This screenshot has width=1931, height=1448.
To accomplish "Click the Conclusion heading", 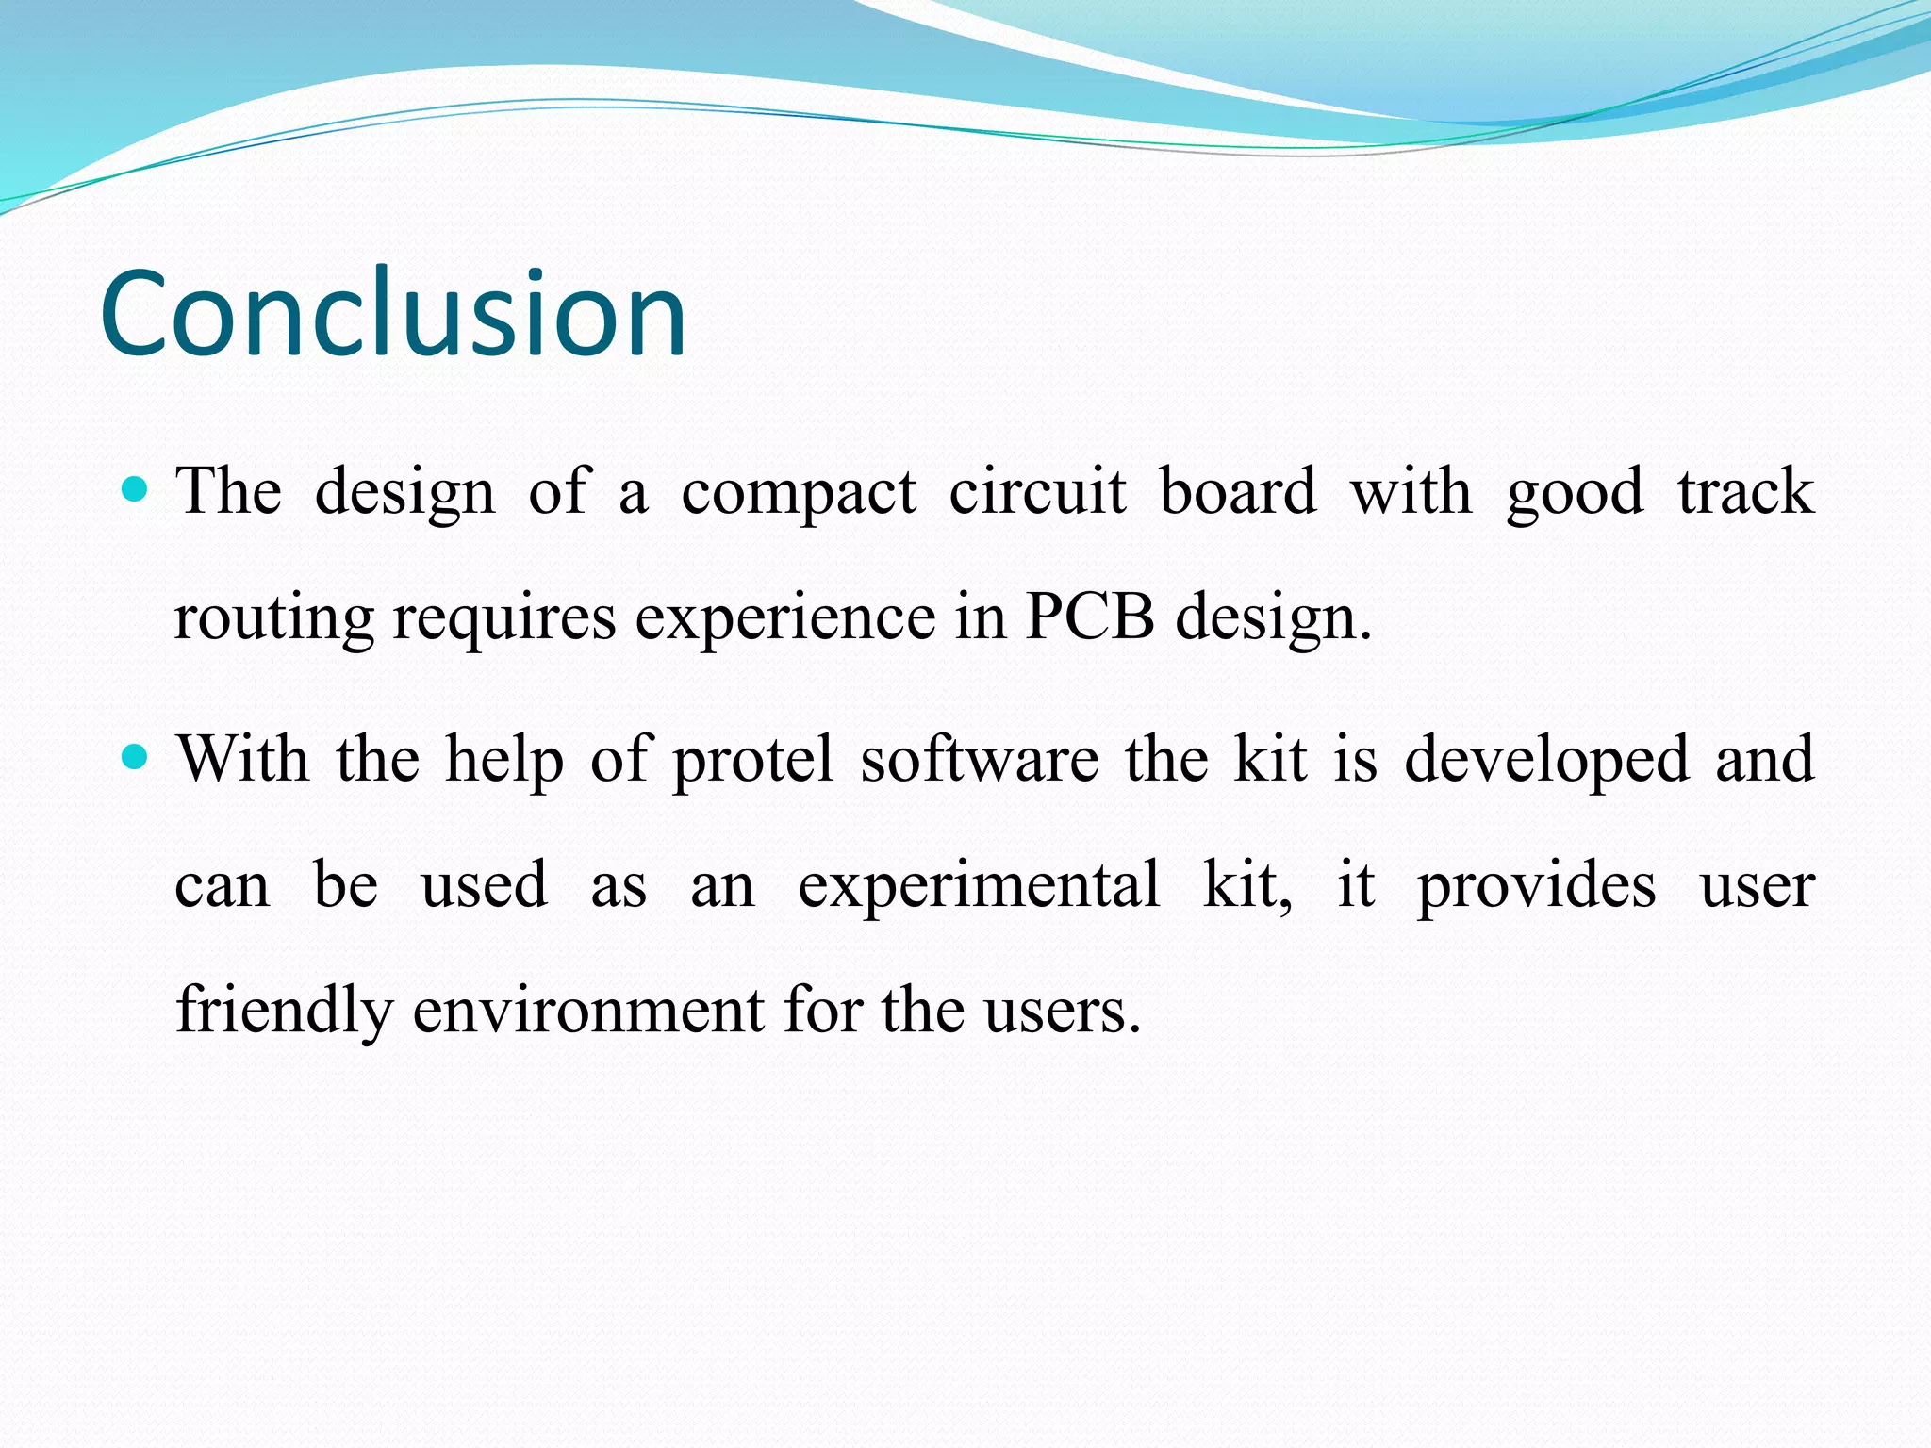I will click(x=393, y=313).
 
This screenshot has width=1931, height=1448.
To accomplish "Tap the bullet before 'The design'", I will click(x=136, y=488).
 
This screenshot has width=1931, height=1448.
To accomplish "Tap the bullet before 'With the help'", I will click(x=136, y=755).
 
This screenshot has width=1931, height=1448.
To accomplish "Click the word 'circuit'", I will click(x=1037, y=492).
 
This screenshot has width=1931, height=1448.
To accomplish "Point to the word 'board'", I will click(x=1237, y=492).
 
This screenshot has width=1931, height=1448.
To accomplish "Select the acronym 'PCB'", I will click(x=1089, y=617).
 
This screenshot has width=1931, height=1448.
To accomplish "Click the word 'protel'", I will click(x=752, y=761).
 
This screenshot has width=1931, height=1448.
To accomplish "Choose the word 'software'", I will click(x=979, y=759).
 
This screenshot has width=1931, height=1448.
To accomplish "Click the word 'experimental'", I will click(x=979, y=887).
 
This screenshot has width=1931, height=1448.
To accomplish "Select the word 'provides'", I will click(x=1536, y=887).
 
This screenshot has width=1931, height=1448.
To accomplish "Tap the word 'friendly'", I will click(x=284, y=1012).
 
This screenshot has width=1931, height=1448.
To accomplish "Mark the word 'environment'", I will click(x=589, y=1012).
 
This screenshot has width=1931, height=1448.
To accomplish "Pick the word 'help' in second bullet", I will click(x=504, y=761).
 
